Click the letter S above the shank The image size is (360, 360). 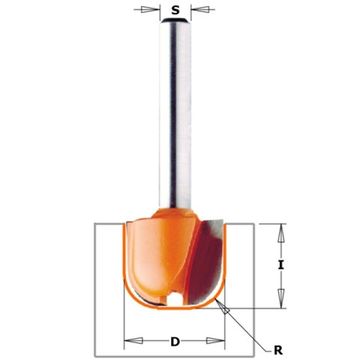click(x=175, y=11)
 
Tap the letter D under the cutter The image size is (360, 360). click(x=174, y=342)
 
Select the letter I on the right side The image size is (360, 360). click(x=281, y=265)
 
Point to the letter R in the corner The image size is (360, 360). click(x=278, y=350)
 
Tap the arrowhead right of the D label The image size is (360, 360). click(x=215, y=340)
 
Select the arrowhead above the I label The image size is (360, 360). click(x=281, y=233)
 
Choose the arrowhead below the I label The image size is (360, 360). click(x=282, y=299)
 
